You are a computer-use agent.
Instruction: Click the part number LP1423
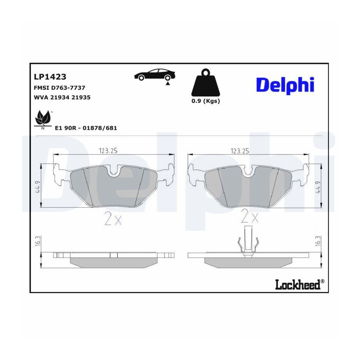coord(50,77)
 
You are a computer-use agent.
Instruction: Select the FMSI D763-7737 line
coord(60,88)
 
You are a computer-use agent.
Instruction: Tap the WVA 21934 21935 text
coord(62,97)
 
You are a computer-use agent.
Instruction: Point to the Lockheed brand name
coord(300,284)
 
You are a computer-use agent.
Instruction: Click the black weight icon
coord(206,82)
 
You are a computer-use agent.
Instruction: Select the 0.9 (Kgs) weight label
coord(206,101)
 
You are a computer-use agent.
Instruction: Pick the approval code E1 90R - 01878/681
coord(86,128)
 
